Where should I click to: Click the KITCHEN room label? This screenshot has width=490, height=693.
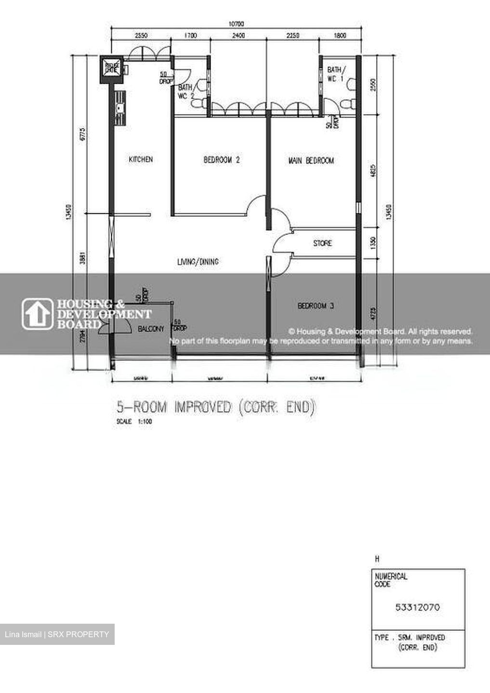pos(141,159)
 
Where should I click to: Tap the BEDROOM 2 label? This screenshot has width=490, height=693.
pos(221,160)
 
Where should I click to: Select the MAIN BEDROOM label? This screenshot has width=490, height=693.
pos(311,160)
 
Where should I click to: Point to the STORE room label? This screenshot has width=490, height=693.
pos(322,244)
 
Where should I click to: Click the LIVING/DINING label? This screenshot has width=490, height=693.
pos(198,262)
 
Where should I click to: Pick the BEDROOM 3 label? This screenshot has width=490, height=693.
pos(316,306)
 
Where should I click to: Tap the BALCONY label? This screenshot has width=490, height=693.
pos(151,329)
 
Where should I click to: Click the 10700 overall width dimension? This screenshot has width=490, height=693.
pos(236,24)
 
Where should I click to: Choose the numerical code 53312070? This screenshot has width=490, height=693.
pos(417,607)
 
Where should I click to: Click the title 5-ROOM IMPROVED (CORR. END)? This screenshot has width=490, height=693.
pos(216,408)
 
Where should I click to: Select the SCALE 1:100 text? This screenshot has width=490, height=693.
pos(134,422)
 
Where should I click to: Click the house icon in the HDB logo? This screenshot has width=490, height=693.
pos(38,314)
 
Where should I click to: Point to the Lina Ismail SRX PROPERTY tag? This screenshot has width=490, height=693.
pos(57,634)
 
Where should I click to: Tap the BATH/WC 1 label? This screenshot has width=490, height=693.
pos(335,74)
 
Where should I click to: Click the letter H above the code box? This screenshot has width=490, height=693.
pos(377,559)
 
